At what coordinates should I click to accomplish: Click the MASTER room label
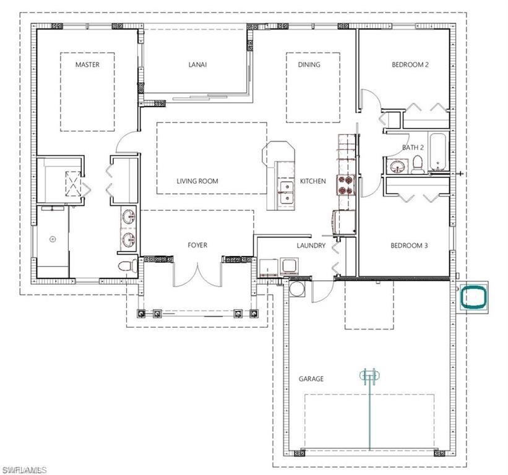pyautogui.click(x=87, y=64)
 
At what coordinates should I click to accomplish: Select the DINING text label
pyautogui.click(x=309, y=64)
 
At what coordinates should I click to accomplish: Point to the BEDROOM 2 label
pyautogui.click(x=410, y=64)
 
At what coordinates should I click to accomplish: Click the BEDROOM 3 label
pyautogui.click(x=409, y=246)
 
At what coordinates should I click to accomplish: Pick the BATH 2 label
pyautogui.click(x=413, y=147)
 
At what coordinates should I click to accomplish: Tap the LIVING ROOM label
pyautogui.click(x=197, y=181)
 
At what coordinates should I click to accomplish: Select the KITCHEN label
pyautogui.click(x=312, y=181)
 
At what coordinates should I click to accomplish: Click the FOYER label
pyautogui.click(x=197, y=246)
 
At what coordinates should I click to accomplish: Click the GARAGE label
pyautogui.click(x=311, y=379)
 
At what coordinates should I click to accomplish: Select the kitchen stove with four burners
pyautogui.click(x=344, y=184)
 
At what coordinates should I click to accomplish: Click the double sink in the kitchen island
pyautogui.click(x=286, y=192)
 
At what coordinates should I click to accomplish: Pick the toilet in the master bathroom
pyautogui.click(x=126, y=266)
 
